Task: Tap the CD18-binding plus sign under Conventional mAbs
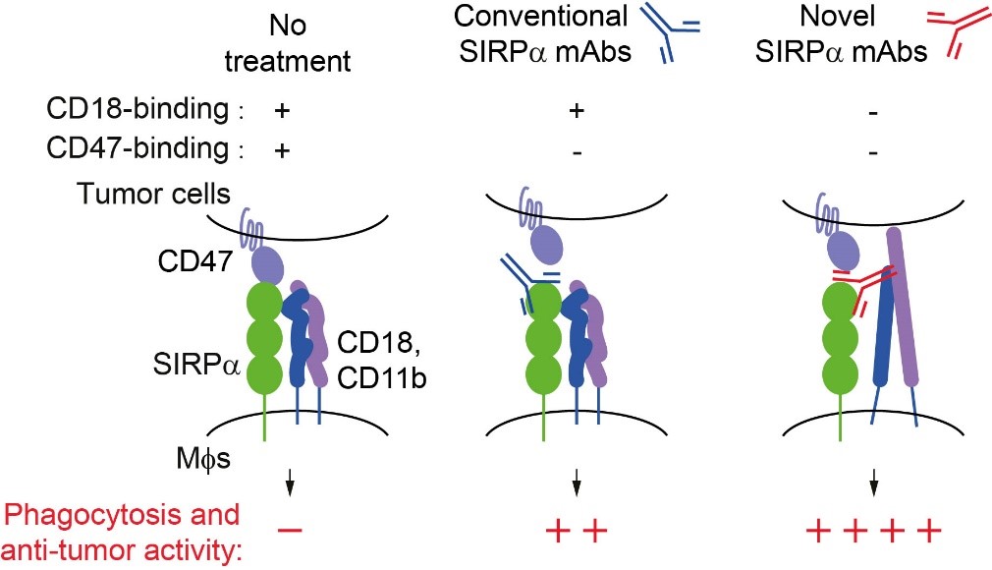point(577,111)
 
